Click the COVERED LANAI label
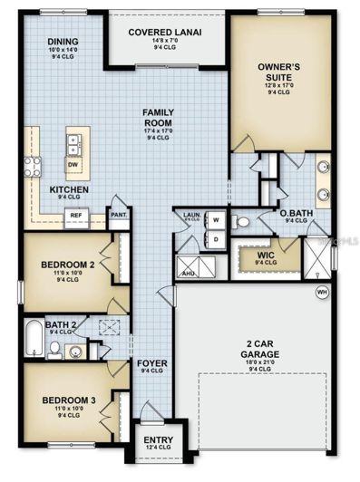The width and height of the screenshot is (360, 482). pos(164,33)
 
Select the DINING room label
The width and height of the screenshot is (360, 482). pos(63,42)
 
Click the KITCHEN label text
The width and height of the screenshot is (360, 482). pos(69,189)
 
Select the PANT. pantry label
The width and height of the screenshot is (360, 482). pos(118,216)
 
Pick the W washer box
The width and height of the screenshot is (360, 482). pos(218,219)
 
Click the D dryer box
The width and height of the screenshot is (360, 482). pos(218,239)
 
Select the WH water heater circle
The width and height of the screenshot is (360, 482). pos(321,292)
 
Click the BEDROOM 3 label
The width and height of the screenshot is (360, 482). pos(68,400)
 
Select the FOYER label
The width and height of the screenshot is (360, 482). pos(151,364)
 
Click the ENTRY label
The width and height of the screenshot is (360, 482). pos(159,441)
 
